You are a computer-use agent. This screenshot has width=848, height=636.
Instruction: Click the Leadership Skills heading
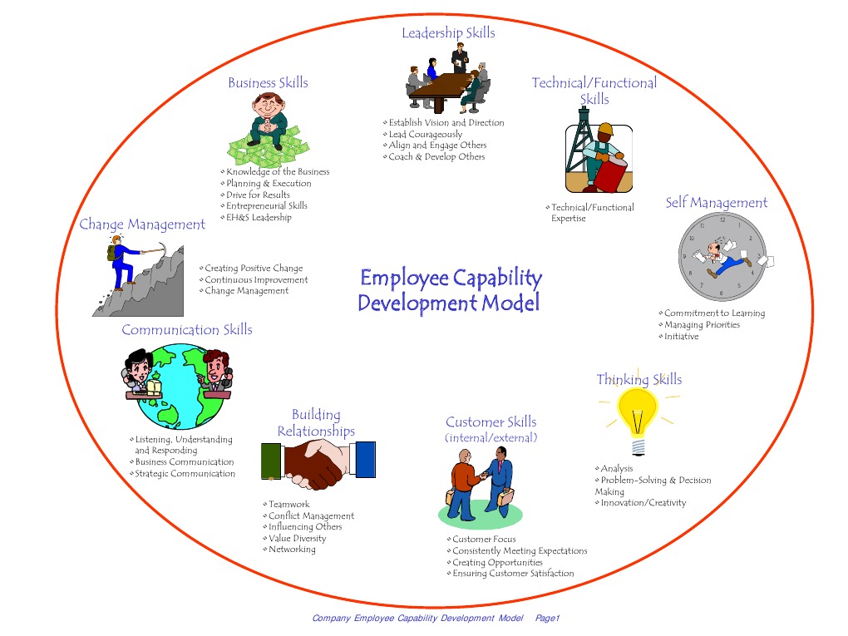coord(448,33)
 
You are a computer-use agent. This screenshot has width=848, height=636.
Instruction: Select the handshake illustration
coord(318,463)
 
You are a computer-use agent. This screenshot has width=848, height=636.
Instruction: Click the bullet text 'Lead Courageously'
coord(425,134)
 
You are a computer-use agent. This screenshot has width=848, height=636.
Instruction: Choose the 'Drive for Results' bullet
coord(258,195)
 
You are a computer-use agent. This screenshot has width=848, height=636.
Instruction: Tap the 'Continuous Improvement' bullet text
coord(256,279)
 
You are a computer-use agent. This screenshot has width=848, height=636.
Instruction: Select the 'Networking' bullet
coord(292,550)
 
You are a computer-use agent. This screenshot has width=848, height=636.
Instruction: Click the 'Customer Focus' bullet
coord(484,540)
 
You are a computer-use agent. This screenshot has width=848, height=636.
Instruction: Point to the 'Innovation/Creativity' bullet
coord(643,503)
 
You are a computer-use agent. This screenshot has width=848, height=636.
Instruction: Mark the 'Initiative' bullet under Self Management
coord(681,337)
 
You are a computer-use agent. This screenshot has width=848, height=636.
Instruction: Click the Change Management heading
coord(142,224)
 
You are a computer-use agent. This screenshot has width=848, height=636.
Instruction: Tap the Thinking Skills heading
coord(638,380)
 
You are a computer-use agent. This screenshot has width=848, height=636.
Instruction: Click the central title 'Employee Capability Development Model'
coord(450,290)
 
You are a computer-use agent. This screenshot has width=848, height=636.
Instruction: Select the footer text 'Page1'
coord(548,619)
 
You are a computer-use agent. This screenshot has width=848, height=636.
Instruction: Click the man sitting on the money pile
coord(269,118)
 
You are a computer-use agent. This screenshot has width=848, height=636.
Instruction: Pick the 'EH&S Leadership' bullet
coord(259,218)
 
